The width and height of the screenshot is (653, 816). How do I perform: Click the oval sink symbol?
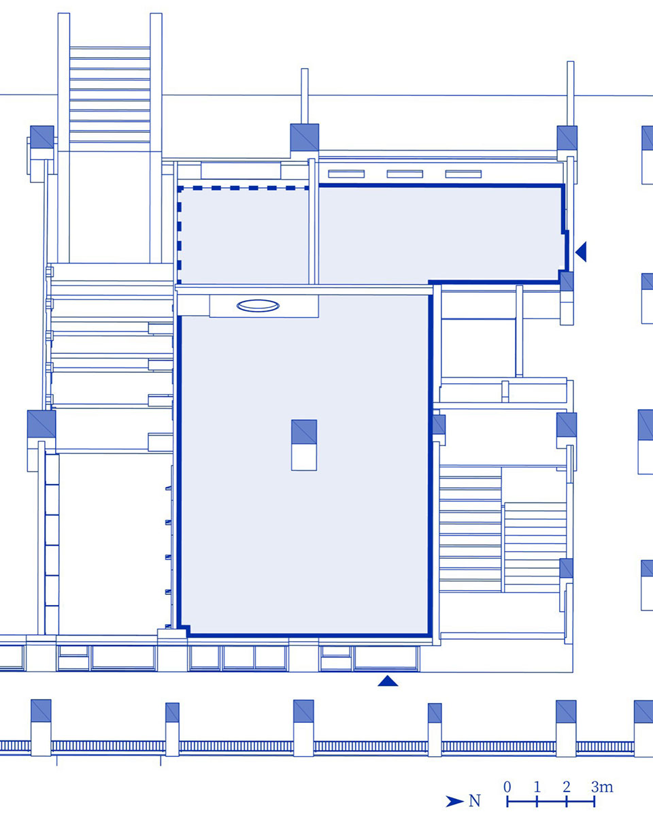point(258,306)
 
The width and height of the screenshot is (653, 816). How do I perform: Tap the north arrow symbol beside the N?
point(454,801)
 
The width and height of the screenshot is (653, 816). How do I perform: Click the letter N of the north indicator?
point(475,801)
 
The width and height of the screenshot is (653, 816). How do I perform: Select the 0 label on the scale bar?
point(507,786)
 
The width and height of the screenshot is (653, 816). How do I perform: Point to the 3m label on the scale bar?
point(602,786)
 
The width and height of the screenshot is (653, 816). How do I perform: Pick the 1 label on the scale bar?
point(537,786)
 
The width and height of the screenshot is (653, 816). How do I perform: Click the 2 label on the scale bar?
point(567,786)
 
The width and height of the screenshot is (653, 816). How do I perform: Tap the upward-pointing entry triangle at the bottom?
point(388,681)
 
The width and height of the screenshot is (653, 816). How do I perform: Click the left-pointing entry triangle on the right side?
point(581,251)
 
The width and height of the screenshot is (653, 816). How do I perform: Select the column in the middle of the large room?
point(304,445)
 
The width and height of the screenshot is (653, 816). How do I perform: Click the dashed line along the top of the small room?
point(244,188)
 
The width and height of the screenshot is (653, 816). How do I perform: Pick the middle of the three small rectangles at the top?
point(405,174)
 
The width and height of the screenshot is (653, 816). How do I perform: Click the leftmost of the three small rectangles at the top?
point(346,174)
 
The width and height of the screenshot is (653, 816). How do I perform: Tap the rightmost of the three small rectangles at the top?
point(463,174)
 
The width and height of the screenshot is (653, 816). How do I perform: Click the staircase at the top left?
point(110,95)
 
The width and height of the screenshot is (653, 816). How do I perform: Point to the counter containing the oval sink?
point(264,306)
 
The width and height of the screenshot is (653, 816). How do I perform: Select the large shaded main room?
point(304,463)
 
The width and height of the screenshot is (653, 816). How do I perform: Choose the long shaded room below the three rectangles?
point(441,233)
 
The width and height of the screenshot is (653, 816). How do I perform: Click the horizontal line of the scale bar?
point(551,802)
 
